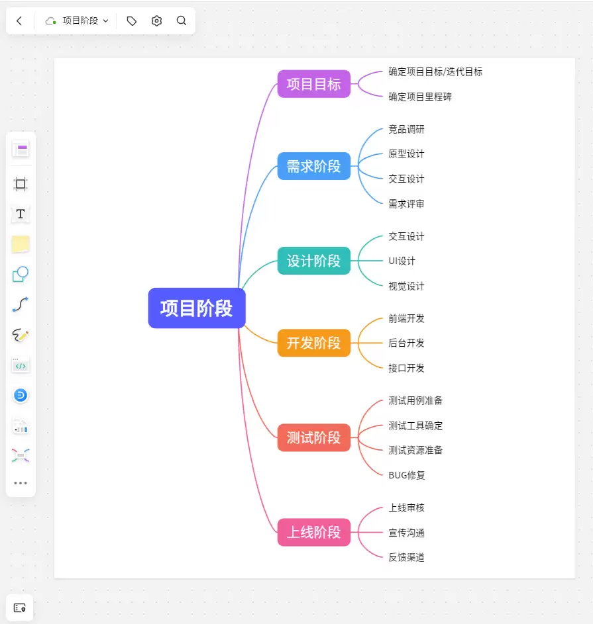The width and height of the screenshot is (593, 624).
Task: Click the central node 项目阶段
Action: pos(197,308)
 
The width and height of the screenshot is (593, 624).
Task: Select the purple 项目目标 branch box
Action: pos(313,84)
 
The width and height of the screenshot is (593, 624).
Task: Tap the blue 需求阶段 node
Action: pos(313,166)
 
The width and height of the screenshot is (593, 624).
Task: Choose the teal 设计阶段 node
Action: pos(313,261)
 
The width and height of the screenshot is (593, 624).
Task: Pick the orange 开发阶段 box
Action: pos(313,343)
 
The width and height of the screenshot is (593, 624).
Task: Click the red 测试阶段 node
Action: pos(313,437)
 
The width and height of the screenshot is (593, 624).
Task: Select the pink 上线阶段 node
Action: pos(313,532)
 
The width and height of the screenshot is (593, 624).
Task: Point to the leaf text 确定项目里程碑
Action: pos(420,97)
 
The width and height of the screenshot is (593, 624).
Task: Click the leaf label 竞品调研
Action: pos(406,129)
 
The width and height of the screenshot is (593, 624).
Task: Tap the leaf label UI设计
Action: pos(402,261)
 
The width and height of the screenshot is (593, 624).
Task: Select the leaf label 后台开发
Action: pos(406,343)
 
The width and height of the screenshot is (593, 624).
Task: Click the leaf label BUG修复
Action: pos(407,474)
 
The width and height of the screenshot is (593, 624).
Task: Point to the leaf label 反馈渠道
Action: pos(406,557)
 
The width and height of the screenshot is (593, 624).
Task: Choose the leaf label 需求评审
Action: pos(406,204)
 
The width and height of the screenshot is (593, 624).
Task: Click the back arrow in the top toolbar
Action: pos(19,21)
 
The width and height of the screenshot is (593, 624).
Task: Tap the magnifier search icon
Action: pos(182,21)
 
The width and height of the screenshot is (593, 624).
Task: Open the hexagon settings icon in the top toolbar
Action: pos(156,21)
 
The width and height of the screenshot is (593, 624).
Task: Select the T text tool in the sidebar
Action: pos(21,214)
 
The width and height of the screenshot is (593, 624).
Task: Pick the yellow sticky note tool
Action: pos(21,244)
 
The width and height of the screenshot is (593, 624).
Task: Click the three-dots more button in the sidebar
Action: pos(21,483)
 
